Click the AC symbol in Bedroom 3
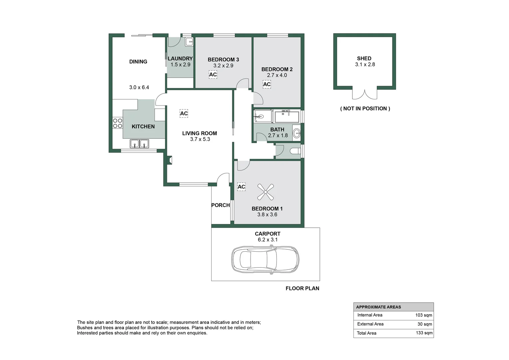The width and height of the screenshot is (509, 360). pos(213,75)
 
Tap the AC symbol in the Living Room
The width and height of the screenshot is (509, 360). pos(184,113)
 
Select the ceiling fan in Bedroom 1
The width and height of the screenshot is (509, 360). pos(265,192)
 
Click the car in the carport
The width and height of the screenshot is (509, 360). pos(265,259)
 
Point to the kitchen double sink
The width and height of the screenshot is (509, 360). pos(139,144)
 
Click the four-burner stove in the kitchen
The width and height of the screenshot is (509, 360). pos(118,123)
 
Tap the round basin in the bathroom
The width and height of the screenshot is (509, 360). pos(296,133)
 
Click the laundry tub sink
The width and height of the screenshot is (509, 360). pos(189,42)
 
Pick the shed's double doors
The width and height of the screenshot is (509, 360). pos(365,94)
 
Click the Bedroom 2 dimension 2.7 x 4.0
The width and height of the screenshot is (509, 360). pos(277,75)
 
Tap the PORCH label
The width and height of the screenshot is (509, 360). pos(221,205)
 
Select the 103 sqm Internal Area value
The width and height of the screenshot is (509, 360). pos(424,315)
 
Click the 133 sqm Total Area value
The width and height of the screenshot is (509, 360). pos(424,333)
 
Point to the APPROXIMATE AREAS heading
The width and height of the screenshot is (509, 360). pos(378,307)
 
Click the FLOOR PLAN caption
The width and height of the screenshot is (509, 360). pos(302,288)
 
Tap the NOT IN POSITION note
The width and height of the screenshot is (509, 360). pos(365,109)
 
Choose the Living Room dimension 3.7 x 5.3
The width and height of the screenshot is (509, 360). pos(200,139)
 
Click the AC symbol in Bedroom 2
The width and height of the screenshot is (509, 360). pos(267,84)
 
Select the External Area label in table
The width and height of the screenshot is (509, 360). pos(370,324)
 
